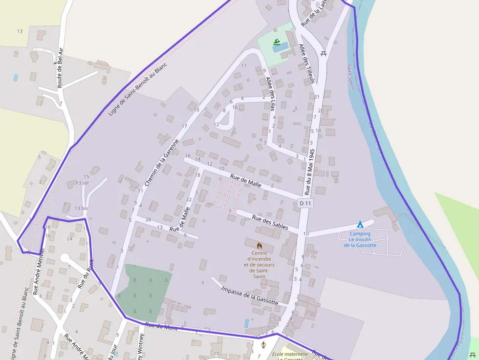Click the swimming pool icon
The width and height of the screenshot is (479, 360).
277,42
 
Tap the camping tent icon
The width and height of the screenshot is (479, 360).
360,225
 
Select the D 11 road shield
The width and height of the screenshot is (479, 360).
305,203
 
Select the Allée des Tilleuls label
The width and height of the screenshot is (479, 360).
306,64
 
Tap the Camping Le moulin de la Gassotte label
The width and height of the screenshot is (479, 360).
360,239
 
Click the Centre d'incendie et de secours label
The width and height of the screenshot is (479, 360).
259,264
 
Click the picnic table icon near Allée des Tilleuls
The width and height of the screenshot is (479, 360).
323,53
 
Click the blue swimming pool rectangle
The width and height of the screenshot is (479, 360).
281,47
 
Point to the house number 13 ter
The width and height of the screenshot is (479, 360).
82,183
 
